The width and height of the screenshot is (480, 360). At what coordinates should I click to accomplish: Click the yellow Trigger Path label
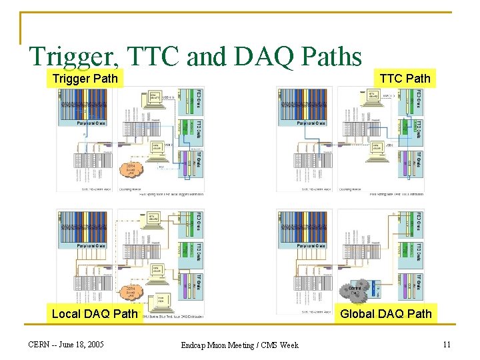pos(85,79)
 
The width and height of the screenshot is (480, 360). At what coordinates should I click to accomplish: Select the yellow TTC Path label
pos(405,79)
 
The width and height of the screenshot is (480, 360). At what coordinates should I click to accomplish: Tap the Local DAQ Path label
pos(95,313)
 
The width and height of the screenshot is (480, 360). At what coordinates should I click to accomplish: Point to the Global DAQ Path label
pos(386,313)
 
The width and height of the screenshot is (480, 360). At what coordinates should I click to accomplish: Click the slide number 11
pos(447,345)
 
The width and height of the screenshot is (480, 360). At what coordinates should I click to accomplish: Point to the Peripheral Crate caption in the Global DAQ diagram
pos(311,246)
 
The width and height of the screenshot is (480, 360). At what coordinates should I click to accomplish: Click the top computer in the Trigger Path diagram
pos(155,98)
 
